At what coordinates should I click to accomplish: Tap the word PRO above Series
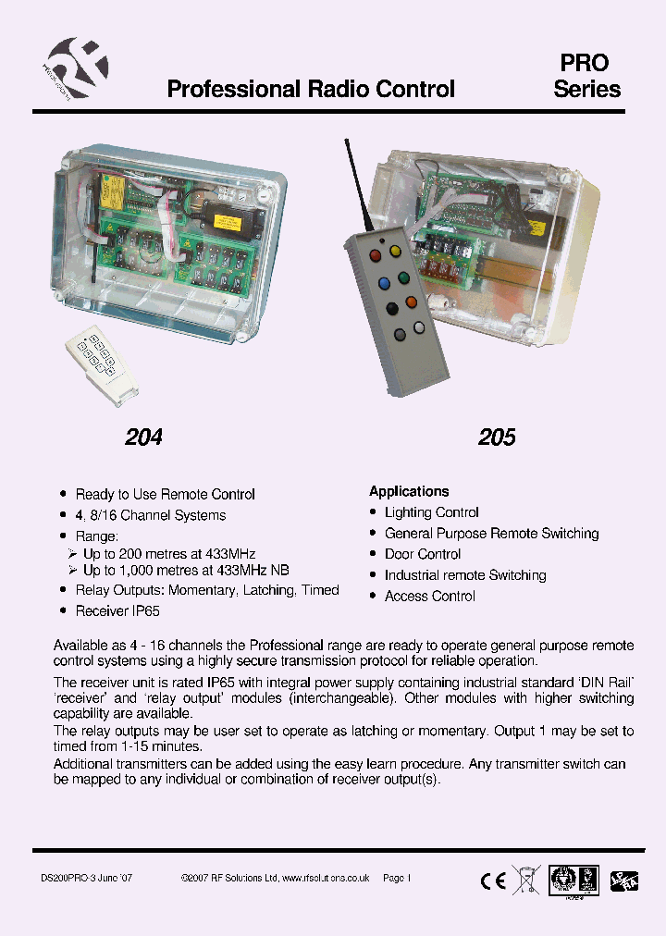pyautogui.click(x=585, y=63)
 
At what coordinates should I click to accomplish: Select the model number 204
pyautogui.click(x=143, y=437)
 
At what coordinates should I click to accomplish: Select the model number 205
pyautogui.click(x=497, y=437)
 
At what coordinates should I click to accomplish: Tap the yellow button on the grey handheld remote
pyautogui.click(x=395, y=250)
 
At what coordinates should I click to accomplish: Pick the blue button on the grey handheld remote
pyautogui.click(x=381, y=280)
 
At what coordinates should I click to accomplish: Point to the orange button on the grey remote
pyautogui.click(x=411, y=302)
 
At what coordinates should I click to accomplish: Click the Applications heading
pyautogui.click(x=409, y=491)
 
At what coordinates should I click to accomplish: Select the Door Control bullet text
pyautogui.click(x=423, y=554)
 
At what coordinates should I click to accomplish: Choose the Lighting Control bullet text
pyautogui.click(x=432, y=512)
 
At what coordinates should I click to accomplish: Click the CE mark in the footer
pyautogui.click(x=493, y=881)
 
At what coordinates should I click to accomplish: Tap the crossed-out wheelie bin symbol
pyautogui.click(x=526, y=880)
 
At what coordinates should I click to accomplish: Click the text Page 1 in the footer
pyautogui.click(x=396, y=878)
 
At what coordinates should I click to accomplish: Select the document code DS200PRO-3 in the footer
pyautogui.click(x=70, y=878)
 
